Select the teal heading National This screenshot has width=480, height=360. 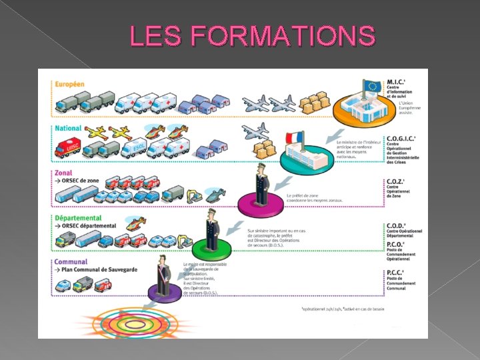coord(68,128)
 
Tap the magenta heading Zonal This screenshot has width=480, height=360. coord(63,172)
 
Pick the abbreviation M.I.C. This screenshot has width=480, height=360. coord(396,82)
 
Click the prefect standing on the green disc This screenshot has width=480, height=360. coord(211,229)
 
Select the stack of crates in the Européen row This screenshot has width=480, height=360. coord(314,102)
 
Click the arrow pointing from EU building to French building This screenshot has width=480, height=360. coord(336,133)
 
